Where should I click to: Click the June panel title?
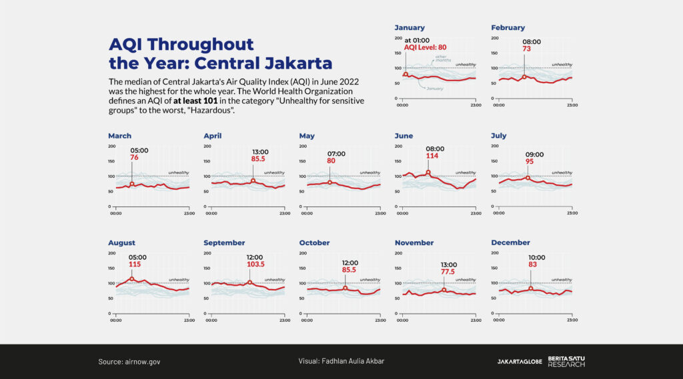[x=404, y=136]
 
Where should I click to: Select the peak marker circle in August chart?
[x=132, y=279]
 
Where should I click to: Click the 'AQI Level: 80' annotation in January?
[x=424, y=47]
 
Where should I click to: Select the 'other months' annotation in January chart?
[x=441, y=59]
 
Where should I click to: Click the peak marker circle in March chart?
[x=132, y=184]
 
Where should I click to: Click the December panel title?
[x=510, y=243]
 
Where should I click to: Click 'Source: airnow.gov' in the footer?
[x=129, y=362]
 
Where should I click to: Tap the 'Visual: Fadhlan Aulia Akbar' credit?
[x=341, y=362]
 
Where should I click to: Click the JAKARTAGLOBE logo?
[x=520, y=362]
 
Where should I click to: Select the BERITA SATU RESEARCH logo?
[x=566, y=362]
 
